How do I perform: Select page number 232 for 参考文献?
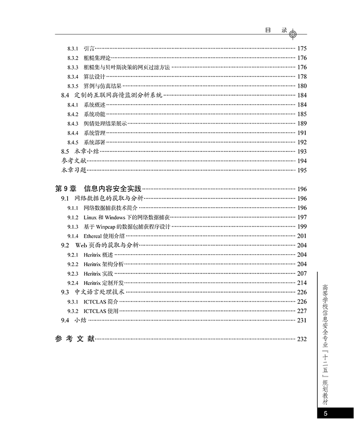(301, 339)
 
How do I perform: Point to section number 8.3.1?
(73, 49)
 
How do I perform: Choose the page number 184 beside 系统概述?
(301, 105)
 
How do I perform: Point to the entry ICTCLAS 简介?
(101, 302)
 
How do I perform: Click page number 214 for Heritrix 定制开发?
(301, 283)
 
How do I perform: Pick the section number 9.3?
(65, 292)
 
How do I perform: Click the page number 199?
(301, 227)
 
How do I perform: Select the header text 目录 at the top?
(276, 29)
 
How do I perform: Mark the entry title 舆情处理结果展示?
(106, 123)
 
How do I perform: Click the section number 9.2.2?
(73, 264)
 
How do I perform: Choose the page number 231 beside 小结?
(301, 321)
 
